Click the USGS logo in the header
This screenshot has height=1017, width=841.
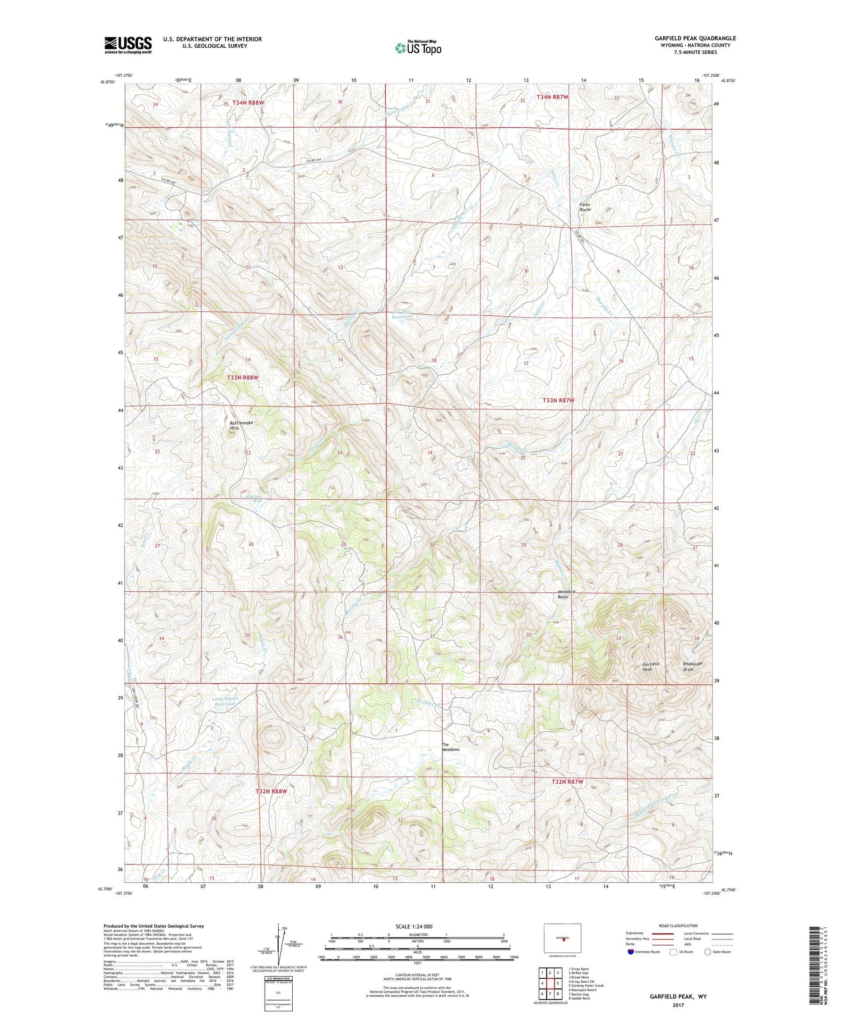[x=128, y=45]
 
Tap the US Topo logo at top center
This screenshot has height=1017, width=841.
[x=418, y=48]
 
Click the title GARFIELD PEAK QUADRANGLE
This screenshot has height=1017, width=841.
[x=695, y=38]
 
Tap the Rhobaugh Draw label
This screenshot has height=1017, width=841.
[x=692, y=666]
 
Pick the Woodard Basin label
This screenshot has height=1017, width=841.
[x=566, y=594]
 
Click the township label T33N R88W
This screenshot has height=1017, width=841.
[x=243, y=378]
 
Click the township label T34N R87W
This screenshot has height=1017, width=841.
[x=552, y=97]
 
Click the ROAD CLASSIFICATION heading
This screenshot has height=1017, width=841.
[x=678, y=926]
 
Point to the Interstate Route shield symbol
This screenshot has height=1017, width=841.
[x=631, y=952]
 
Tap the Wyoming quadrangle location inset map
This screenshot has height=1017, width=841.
[x=562, y=938]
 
